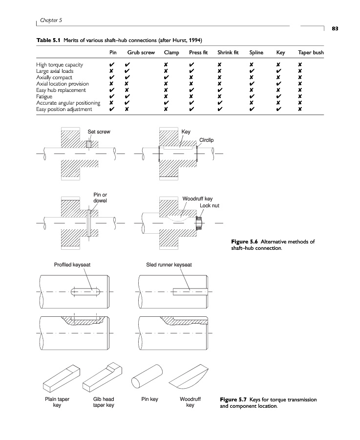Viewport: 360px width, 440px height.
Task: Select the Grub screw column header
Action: coord(141,52)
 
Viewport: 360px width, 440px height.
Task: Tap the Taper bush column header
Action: coord(311,52)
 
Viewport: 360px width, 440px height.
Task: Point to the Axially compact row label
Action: coord(54,77)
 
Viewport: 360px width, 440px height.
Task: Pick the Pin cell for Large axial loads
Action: coord(113,71)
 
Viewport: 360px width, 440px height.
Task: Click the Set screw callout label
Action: coord(99,132)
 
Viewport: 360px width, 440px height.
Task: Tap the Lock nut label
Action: coord(210,205)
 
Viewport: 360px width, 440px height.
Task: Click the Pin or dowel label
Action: coord(100,198)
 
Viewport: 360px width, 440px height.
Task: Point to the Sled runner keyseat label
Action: coord(169,264)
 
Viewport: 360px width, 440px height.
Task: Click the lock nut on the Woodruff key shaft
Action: coord(199,224)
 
